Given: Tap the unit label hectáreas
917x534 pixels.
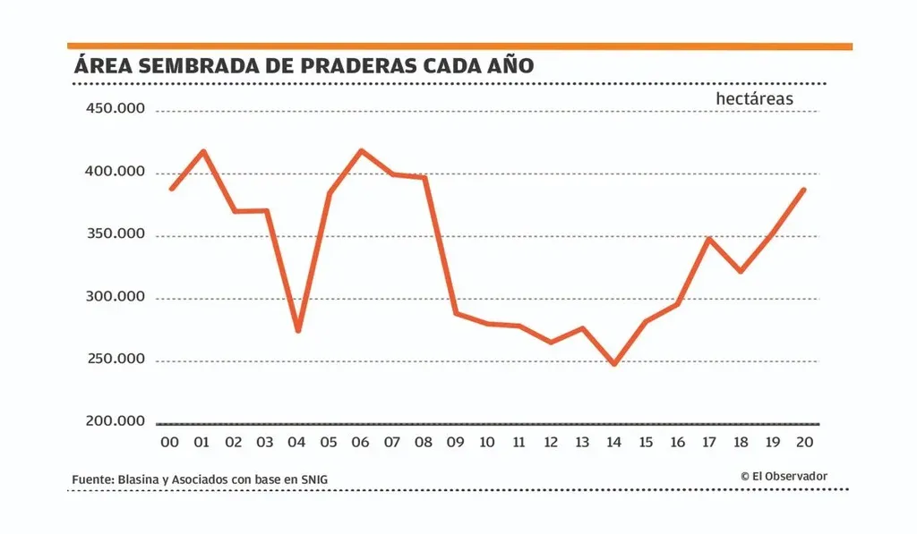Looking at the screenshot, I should pos(754,99).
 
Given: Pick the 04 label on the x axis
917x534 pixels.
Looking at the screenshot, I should pos(297,442).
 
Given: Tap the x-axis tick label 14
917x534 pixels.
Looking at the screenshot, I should pos(614,442).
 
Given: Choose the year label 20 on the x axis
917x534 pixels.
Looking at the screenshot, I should pos(804,442).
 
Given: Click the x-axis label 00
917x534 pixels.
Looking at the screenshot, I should pos(170,442).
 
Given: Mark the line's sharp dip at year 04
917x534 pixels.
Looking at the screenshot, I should pos(297,331).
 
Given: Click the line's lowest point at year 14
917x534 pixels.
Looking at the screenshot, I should pos(614,364).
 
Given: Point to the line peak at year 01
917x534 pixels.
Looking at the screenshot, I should pos(203,151).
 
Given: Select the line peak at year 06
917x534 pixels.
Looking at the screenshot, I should pos(361,150).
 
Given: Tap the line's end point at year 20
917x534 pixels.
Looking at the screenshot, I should pos(804,190).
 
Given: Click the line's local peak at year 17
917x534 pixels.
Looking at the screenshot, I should pos(709,239).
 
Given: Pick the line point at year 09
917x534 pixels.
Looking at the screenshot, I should pos(456,313).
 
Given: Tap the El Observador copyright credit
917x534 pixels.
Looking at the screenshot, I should pos(784,476).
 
